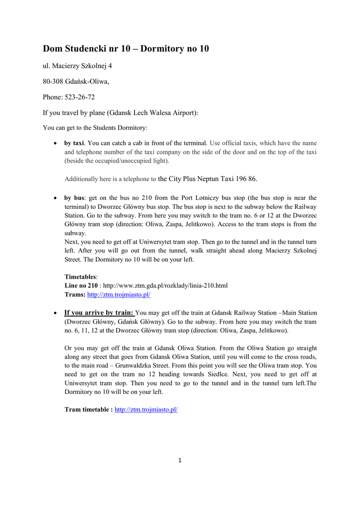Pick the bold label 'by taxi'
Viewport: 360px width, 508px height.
click(x=74, y=143)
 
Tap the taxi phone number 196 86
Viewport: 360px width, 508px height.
click(x=246, y=179)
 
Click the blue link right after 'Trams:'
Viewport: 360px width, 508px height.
click(x=119, y=294)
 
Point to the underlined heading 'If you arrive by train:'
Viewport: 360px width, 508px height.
click(x=99, y=313)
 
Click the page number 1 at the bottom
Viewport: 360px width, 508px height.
click(x=180, y=460)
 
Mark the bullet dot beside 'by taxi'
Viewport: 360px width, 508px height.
click(x=55, y=143)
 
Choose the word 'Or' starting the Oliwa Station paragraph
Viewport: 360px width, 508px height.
click(x=69, y=348)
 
